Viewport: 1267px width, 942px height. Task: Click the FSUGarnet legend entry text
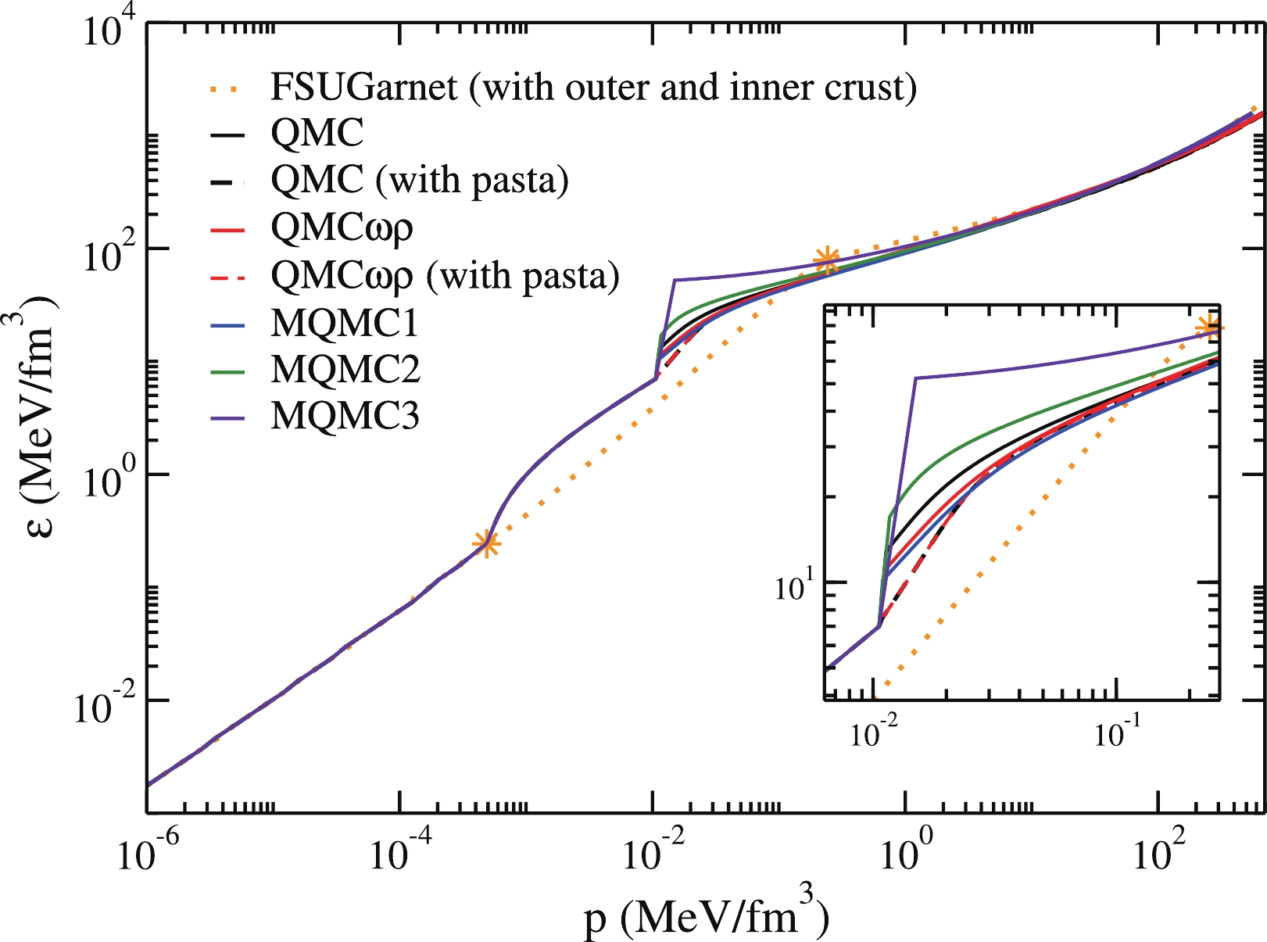593,87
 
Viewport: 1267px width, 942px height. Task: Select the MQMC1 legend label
345,323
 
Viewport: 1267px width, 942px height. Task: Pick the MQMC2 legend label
345,369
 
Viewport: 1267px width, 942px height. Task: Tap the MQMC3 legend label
345,415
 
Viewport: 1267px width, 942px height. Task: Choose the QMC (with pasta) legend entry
420,180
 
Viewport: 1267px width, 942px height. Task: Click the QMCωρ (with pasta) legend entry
445,275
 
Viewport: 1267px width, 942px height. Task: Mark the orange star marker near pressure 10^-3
486,543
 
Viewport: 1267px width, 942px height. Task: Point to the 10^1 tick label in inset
794,588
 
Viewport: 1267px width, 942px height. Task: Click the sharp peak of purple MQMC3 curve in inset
916,378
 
